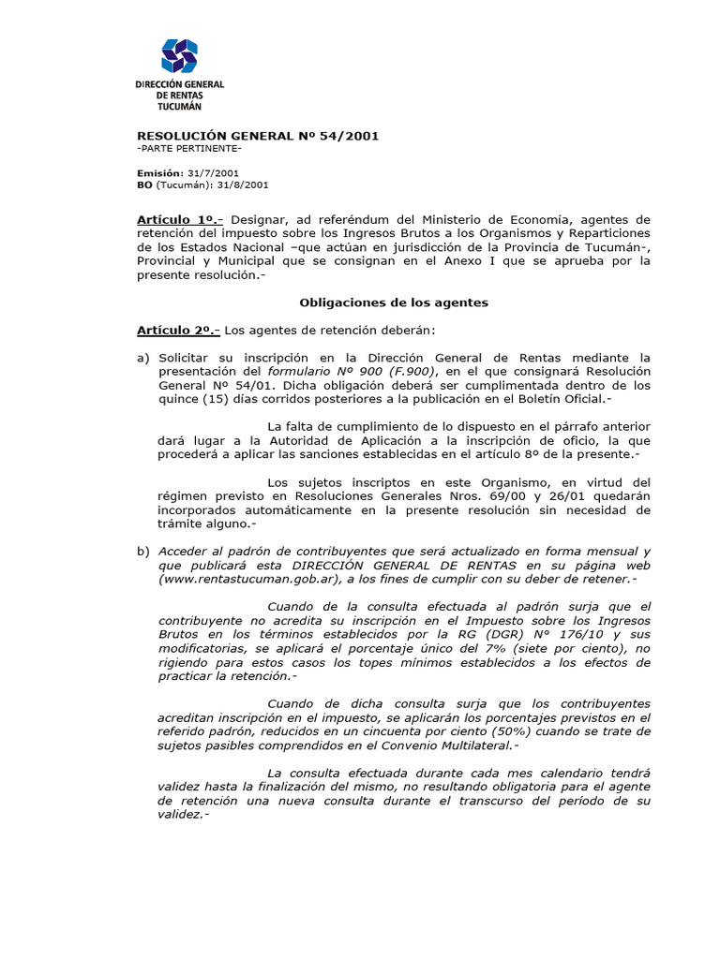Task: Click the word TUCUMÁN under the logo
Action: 179,108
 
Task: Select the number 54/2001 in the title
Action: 348,136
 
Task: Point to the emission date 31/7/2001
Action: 214,173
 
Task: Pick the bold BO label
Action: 144,185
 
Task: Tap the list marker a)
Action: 143,358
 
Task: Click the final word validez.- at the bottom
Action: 184,815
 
